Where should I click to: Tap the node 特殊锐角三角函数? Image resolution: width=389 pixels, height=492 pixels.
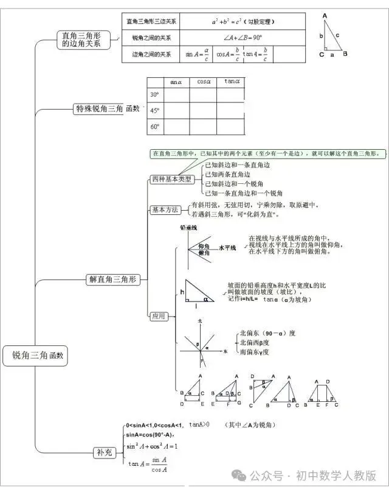pyautogui.click(x=106, y=109)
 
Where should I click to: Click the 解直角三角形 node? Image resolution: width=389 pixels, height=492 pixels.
pyautogui.click(x=114, y=279)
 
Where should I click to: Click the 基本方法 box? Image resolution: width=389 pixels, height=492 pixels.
pyautogui.click(x=165, y=209)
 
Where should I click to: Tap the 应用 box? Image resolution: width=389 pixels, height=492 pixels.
pyautogui.click(x=159, y=316)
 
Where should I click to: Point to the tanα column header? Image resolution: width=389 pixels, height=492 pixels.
pyautogui.click(x=232, y=81)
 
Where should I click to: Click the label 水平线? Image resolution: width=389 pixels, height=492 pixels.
pyautogui.click(x=227, y=248)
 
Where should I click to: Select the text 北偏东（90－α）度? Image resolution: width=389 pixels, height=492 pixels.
pyautogui.click(x=267, y=333)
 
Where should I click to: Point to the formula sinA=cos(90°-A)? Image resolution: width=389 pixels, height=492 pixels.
pyautogui.click(x=150, y=435)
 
